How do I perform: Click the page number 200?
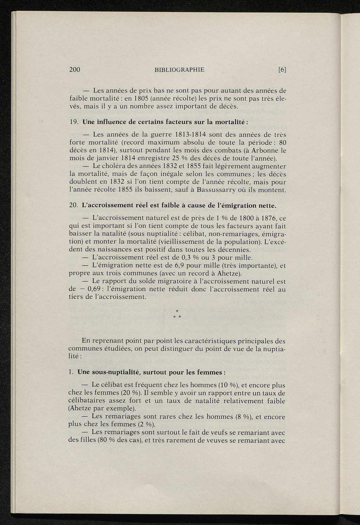pyautogui.click(x=75, y=69)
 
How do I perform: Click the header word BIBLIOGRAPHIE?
pyautogui.click(x=179, y=70)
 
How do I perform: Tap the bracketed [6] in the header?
pyautogui.click(x=282, y=70)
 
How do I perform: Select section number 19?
pyautogui.click(x=73, y=122)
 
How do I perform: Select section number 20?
pyautogui.click(x=73, y=205)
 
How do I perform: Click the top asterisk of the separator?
pyautogui.click(x=177, y=311)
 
